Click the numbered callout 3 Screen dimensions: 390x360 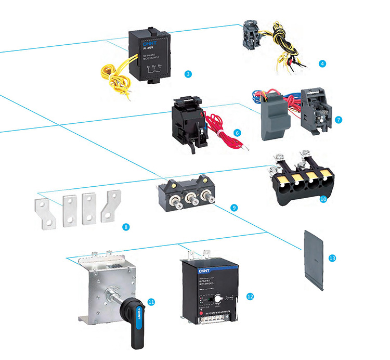click(x=188, y=74)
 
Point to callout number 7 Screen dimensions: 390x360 click(x=339, y=119)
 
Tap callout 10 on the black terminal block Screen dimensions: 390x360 click(x=323, y=199)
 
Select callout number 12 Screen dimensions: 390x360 click(x=250, y=296)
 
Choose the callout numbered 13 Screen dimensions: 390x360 click(x=332, y=258)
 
